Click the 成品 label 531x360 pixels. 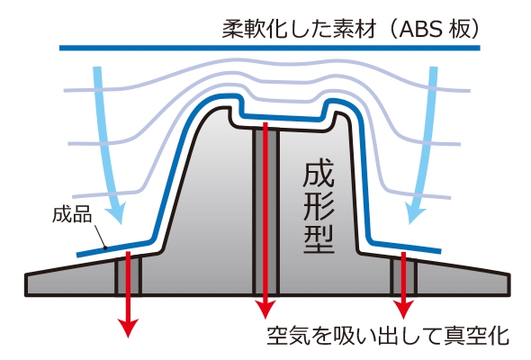72,214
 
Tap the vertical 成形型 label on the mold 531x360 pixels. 319,208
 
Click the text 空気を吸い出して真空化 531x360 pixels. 388,336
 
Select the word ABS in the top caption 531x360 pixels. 420,29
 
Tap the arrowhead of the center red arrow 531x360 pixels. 265,310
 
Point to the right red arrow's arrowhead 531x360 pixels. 403,310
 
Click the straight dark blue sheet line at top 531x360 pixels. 270,48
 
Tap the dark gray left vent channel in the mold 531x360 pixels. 128,275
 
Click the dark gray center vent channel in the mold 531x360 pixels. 265,211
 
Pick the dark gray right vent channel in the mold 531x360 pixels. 403,276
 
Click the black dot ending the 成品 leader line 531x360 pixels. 105,248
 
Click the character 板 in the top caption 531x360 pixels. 459,29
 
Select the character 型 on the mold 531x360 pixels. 319,239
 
